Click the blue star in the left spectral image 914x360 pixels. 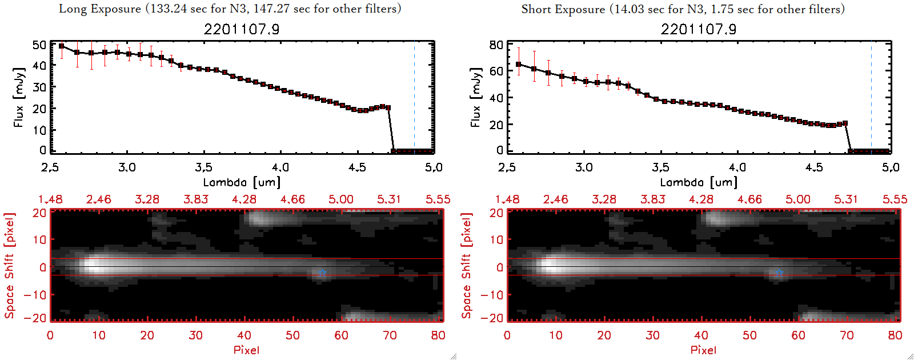coord(322,273)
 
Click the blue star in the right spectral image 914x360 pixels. coord(779,273)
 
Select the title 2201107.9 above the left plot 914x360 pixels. coord(242,29)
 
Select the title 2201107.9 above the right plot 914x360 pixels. coord(699,29)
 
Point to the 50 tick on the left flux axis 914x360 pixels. coord(39,45)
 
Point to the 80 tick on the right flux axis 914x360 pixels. coord(496,45)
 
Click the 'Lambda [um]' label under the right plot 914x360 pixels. coord(699,182)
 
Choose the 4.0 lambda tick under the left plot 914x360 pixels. coord(280,167)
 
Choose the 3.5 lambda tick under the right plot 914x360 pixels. coord(660,167)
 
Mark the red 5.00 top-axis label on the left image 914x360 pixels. coord(341,199)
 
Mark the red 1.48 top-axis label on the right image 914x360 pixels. coord(507,199)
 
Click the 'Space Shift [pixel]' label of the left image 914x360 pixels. coord(9,266)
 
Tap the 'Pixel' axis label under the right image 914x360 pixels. coord(703,350)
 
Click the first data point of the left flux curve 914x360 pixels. coord(62,46)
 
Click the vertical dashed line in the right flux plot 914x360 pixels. coord(871,97)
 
